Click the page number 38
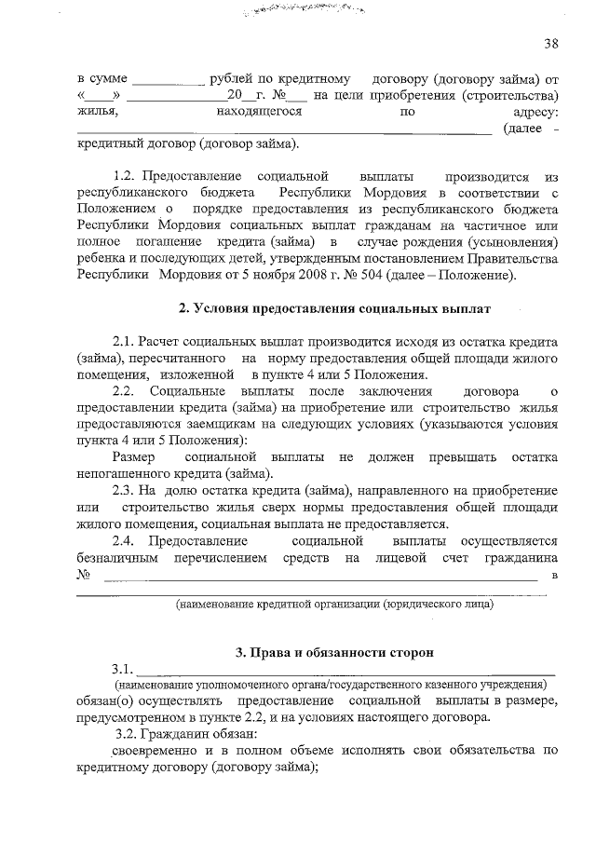point(551,45)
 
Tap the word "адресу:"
point(535,112)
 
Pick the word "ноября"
point(252,276)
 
